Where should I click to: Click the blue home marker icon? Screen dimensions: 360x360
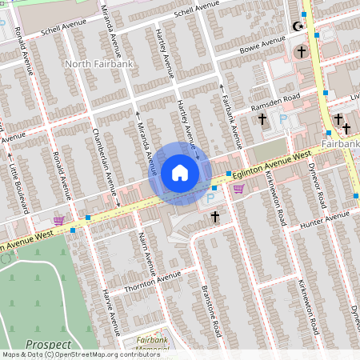click(x=180, y=173)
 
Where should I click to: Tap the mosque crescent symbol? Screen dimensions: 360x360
click(x=301, y=26)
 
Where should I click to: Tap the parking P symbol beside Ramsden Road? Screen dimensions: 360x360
click(x=282, y=119)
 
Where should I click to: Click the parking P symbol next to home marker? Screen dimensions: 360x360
click(x=211, y=197)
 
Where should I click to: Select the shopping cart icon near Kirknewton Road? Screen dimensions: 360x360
click(x=238, y=189)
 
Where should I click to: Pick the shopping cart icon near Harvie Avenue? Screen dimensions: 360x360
click(x=58, y=220)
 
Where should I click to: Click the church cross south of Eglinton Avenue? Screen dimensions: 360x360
click(x=214, y=216)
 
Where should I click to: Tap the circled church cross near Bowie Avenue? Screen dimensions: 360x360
click(x=301, y=52)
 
